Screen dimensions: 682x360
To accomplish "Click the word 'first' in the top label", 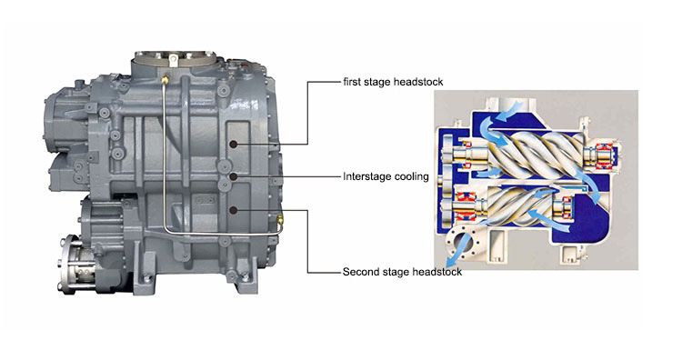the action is coord(352,82).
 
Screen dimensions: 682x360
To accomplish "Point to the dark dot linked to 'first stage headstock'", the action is coord(234,144).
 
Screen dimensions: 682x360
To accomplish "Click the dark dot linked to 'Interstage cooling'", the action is coord(234,176).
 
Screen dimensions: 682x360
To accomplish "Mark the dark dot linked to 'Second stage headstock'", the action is coord(234,210).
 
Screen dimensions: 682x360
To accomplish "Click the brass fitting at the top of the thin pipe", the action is coord(165,80).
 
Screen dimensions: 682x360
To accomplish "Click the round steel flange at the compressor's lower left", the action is coord(67,264).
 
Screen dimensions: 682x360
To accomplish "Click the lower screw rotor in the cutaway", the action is coord(521,205).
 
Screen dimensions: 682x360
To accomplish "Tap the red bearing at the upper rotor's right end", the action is coord(603,155).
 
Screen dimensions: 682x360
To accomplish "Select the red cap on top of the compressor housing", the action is coord(244,66).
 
